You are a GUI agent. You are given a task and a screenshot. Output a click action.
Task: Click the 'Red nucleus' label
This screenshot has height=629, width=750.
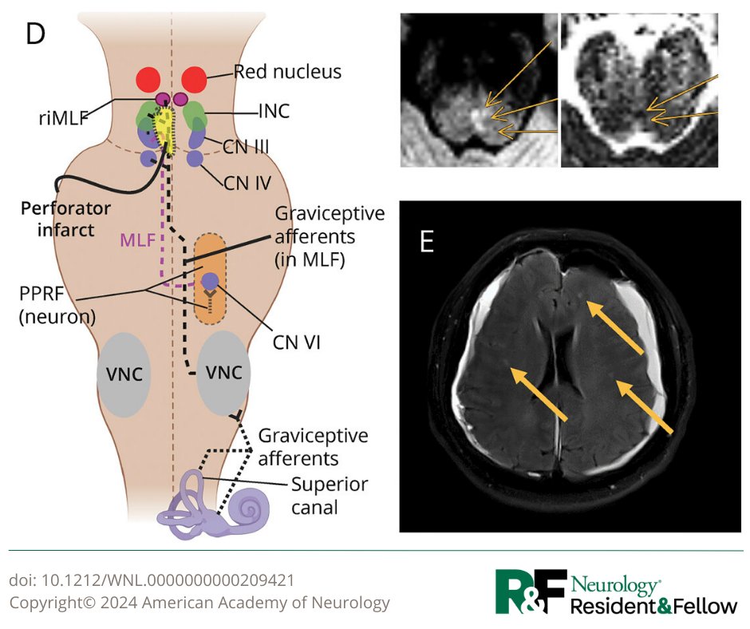pos(287,72)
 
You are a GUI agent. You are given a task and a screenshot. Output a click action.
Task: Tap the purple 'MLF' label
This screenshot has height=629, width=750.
pos(136,239)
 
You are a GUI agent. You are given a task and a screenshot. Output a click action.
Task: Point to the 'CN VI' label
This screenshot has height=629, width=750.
pos(297,343)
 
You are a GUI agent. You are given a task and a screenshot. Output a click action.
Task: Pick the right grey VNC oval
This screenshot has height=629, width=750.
pos(224,374)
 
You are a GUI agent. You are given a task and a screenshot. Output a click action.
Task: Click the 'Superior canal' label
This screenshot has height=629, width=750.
pos(318,494)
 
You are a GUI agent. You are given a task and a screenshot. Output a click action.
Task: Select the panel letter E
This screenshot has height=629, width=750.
pos(427,240)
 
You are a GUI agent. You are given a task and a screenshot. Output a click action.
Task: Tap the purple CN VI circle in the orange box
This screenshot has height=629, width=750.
pos(210,281)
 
